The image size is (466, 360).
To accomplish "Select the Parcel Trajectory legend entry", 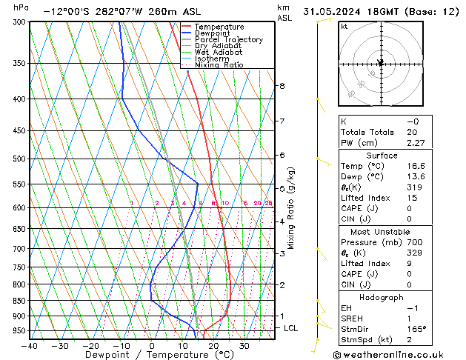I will click(228, 40).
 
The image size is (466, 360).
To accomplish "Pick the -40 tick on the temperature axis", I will click(30, 345).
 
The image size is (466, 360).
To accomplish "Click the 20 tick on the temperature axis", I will click(213, 345).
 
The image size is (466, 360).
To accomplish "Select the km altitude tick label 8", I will click(282, 86).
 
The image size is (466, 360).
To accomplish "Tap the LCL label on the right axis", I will click(291, 327).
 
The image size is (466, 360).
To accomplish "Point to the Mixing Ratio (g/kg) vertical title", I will click(291, 207).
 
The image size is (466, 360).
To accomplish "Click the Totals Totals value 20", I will click(412, 133).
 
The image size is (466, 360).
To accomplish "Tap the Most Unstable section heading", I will click(382, 231).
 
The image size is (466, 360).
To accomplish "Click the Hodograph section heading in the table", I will click(382, 297).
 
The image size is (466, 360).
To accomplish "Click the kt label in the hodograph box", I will click(344, 27).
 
